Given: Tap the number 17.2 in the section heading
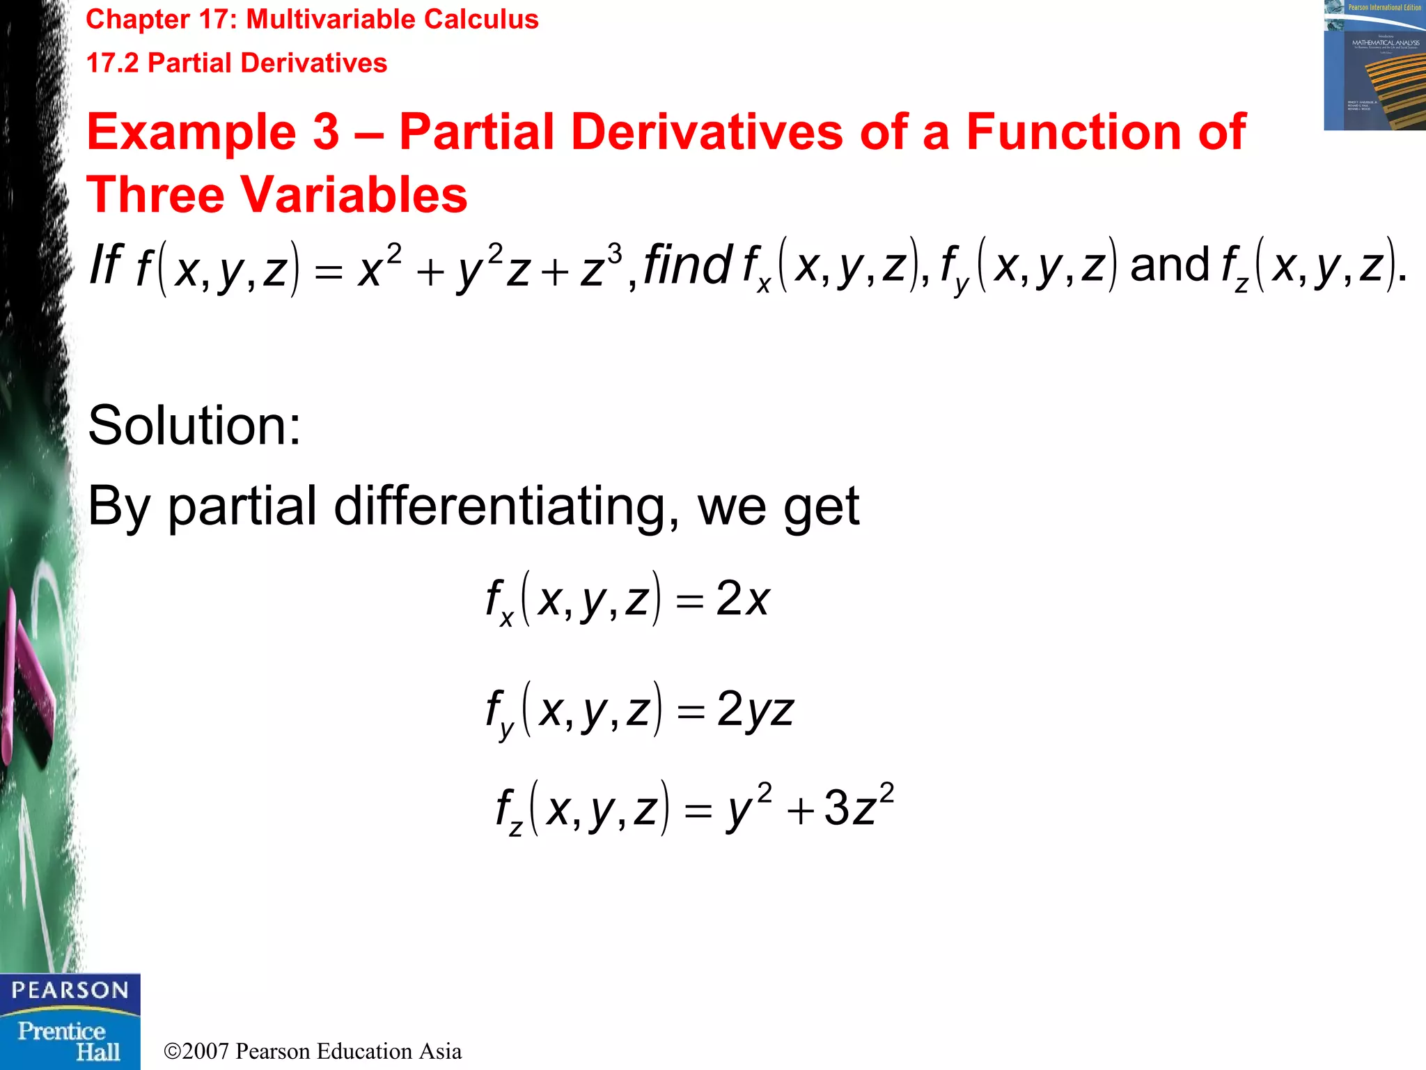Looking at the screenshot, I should (x=112, y=63).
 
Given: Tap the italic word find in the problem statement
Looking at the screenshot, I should (x=687, y=265).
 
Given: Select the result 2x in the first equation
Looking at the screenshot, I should (x=742, y=599).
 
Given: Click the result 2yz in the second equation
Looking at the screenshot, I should (x=755, y=711).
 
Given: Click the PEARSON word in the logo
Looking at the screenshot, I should (x=70, y=990).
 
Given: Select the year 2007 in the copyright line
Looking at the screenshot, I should (x=206, y=1051).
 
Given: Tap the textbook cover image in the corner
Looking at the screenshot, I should (x=1374, y=65).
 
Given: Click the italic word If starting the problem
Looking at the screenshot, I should (x=106, y=265).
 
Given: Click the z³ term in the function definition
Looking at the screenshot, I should (x=600, y=267).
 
